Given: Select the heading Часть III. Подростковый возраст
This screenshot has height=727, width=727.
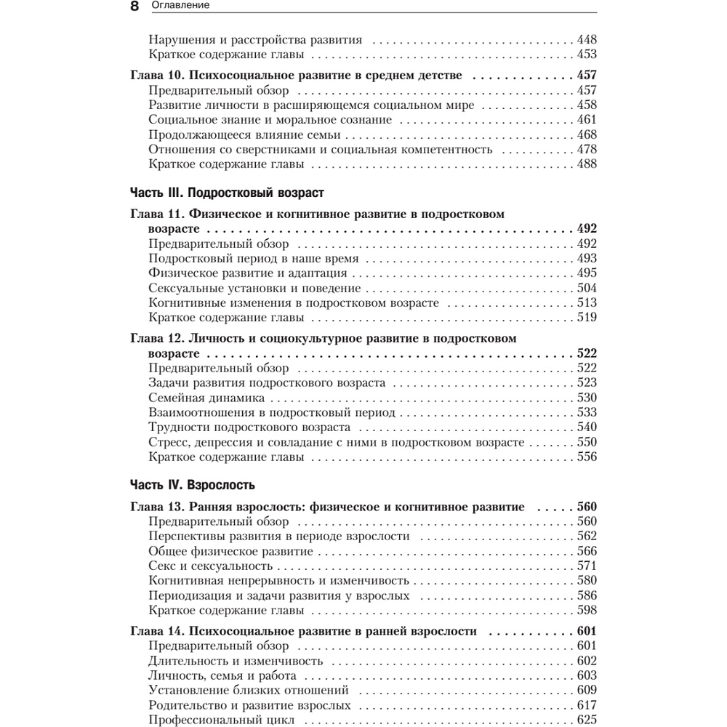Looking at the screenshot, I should point(226,193).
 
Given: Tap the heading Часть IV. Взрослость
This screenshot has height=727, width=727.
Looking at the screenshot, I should point(193,483).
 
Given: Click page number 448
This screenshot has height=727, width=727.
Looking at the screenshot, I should point(586,40).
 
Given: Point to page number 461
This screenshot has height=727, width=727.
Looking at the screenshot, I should point(586,120).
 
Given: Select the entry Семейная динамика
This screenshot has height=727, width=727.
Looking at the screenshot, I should point(206,398).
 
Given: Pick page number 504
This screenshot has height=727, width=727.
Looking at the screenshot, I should point(586,288).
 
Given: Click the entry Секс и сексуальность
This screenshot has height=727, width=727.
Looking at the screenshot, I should point(210,566).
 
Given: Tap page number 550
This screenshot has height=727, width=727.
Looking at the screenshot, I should point(586,442).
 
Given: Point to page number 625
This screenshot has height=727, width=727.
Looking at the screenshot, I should point(586,720).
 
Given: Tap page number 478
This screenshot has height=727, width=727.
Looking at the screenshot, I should point(586,149).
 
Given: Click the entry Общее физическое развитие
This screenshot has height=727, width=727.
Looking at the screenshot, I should point(230,551).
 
